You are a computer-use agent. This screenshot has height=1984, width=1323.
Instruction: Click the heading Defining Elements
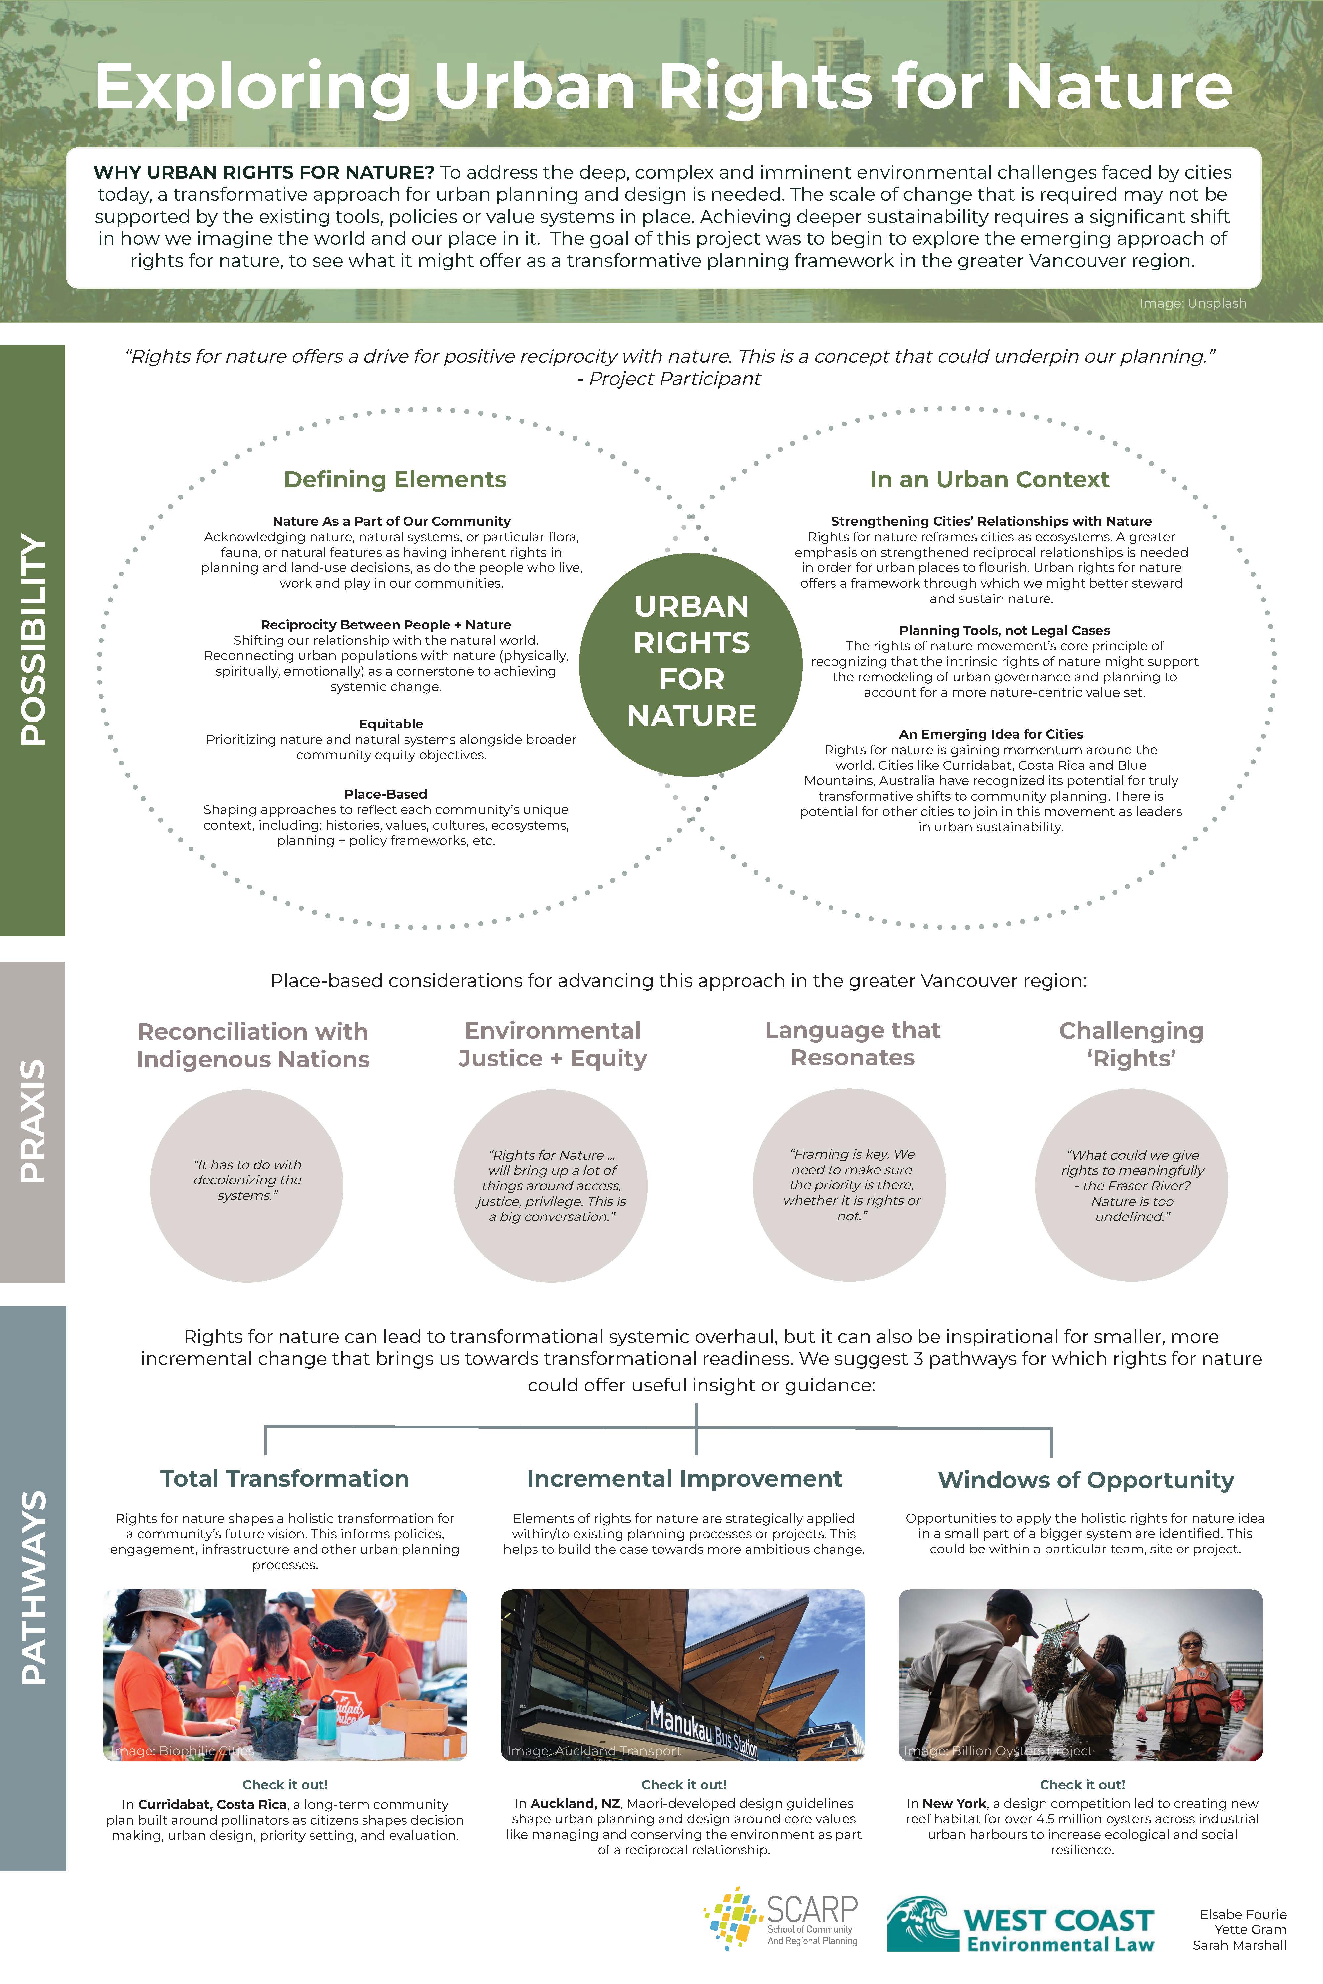tap(395, 479)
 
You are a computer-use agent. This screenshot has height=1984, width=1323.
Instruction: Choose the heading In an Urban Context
tap(989, 479)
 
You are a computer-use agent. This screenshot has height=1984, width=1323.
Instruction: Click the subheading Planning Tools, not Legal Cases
tap(1004, 630)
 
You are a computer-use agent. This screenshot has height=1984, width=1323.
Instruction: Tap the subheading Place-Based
tap(386, 794)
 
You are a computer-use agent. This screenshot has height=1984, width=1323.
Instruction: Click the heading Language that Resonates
tap(852, 1044)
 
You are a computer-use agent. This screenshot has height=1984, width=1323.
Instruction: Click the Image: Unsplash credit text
tap(1192, 303)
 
